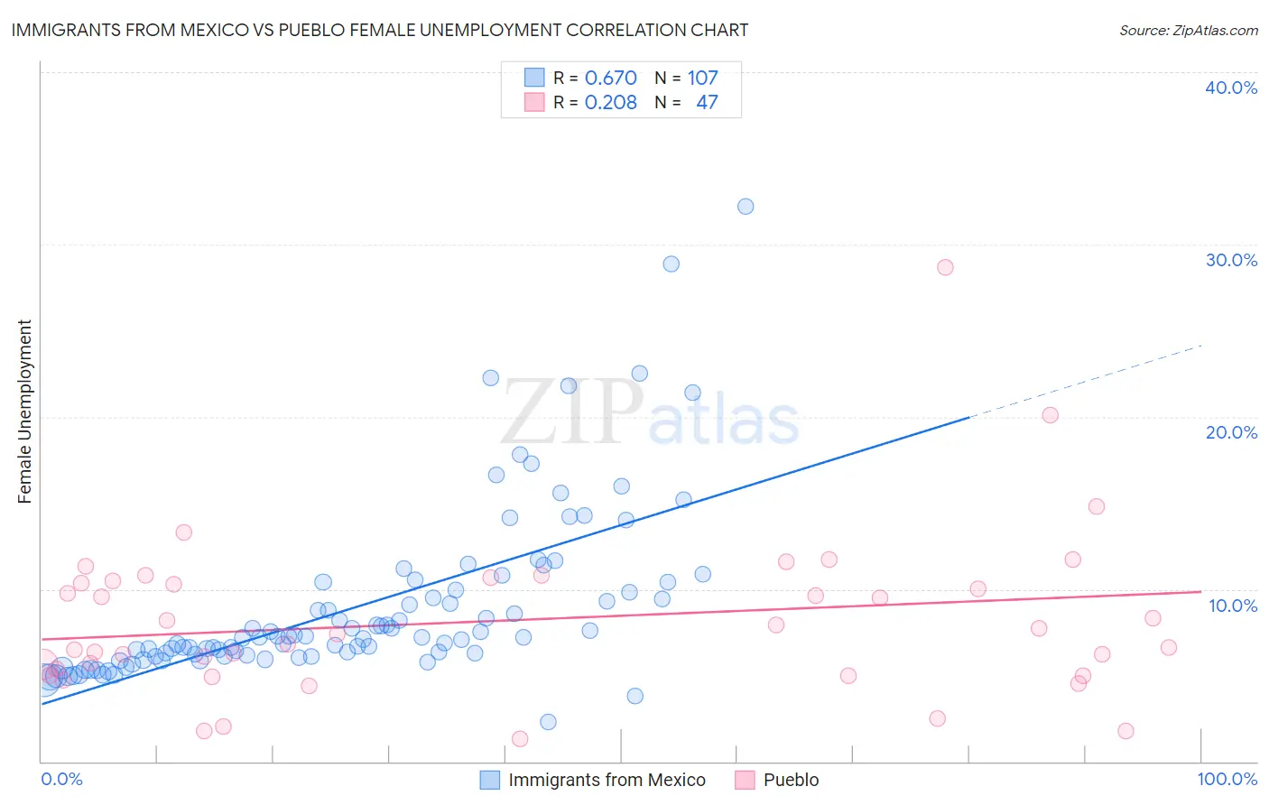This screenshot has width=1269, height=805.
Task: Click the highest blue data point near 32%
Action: point(746,207)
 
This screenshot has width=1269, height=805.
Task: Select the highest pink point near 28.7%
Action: point(945,267)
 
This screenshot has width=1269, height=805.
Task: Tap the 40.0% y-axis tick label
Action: point(1231,88)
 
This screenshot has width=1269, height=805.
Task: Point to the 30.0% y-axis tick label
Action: point(1231,260)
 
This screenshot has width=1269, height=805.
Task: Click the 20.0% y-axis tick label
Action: point(1231,432)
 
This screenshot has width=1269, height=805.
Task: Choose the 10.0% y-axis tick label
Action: point(1233,606)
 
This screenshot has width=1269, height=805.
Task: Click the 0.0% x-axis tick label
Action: point(61,779)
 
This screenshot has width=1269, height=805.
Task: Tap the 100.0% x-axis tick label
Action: point(1227,779)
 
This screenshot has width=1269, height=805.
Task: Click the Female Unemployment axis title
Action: point(24,412)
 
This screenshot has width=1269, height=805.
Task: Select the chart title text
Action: point(379,31)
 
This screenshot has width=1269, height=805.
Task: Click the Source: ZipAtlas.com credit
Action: point(1188,31)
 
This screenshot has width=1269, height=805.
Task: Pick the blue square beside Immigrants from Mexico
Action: point(489,780)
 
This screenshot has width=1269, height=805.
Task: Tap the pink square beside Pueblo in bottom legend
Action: point(745,780)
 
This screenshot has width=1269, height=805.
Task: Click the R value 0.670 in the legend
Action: point(611,79)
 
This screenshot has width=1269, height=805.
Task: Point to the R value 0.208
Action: point(611,103)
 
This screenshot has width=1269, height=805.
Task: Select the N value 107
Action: point(703,79)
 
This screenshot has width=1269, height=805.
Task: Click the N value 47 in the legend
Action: point(707,103)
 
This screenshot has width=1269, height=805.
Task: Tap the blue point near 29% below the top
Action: point(671,264)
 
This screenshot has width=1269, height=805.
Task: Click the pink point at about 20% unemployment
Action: point(1050,415)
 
